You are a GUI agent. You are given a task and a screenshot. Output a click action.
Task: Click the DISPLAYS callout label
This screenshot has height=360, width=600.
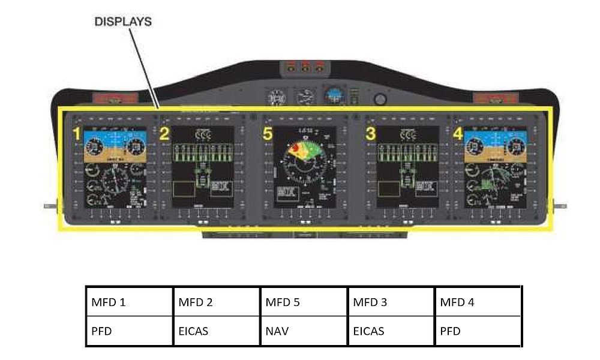123,22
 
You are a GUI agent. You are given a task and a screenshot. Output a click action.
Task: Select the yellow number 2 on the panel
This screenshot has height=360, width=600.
163,134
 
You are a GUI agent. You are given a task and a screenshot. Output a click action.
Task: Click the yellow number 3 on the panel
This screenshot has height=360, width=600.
370,134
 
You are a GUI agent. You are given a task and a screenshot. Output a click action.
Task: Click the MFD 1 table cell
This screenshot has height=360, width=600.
129,302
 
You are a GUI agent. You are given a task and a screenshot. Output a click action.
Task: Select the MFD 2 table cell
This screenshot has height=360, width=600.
216,302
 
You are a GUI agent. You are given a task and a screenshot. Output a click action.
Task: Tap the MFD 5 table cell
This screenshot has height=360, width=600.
303,302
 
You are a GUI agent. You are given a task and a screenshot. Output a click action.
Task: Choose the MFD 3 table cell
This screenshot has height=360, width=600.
391,302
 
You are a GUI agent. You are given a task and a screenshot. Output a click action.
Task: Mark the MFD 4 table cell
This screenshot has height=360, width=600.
478,302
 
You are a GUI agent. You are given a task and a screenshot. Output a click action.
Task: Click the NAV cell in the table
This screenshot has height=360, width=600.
303,331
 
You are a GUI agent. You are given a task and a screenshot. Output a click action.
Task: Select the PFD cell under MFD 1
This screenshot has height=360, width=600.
129,331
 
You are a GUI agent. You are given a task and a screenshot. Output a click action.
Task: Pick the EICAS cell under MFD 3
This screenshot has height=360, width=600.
391,331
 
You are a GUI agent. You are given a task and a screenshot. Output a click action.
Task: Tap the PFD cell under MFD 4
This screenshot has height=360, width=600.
478,331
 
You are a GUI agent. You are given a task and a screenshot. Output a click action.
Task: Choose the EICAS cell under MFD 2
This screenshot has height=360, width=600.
216,331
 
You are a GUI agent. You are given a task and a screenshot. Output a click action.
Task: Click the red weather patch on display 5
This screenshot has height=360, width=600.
295,148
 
